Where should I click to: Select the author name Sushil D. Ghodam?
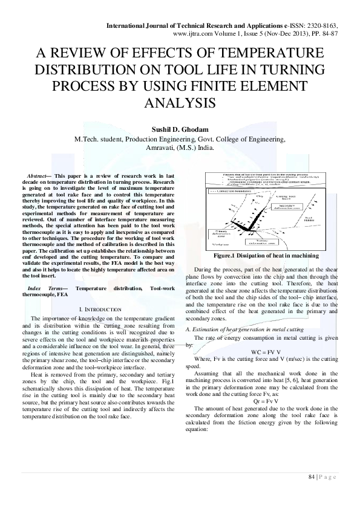click(180, 128)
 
